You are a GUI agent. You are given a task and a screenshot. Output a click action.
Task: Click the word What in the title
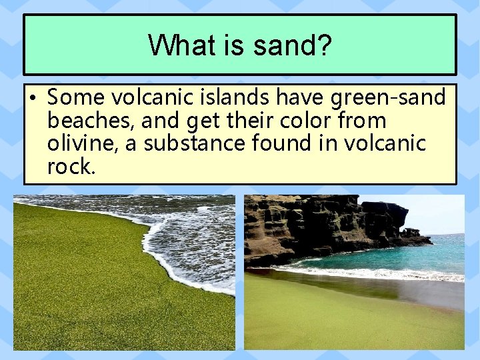coord(172,45)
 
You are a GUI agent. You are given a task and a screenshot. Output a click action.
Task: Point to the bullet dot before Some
coord(32,98)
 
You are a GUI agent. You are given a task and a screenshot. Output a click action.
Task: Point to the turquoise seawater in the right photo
coord(400,257)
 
